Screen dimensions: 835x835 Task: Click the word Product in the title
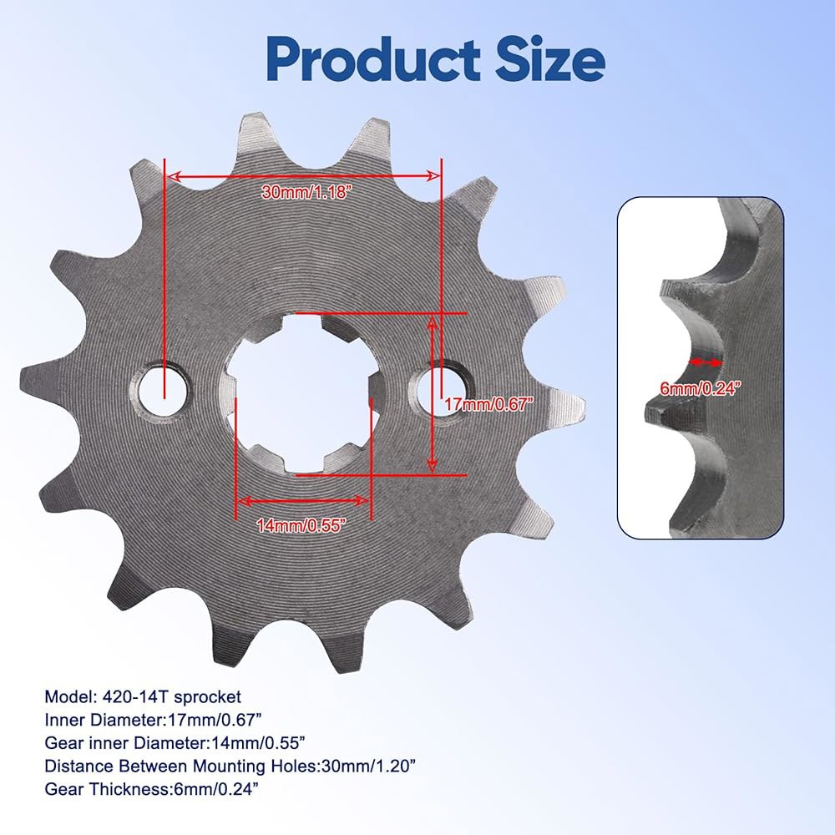(x=373, y=59)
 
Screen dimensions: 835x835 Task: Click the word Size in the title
(x=550, y=58)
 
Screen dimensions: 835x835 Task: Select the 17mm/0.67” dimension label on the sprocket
(x=488, y=404)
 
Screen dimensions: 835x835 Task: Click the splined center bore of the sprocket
(x=304, y=393)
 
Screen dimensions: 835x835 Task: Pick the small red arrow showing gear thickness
(x=706, y=362)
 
